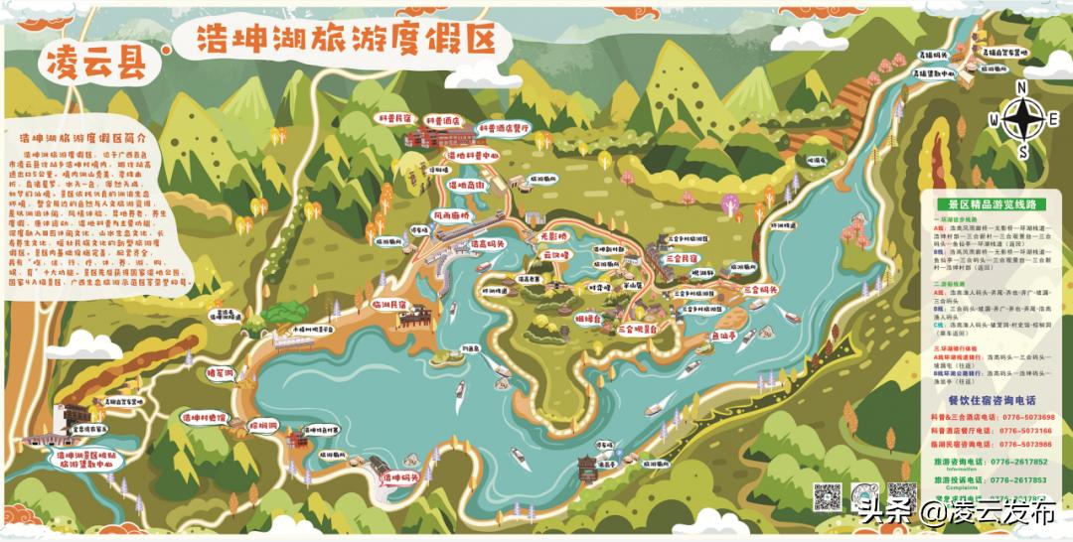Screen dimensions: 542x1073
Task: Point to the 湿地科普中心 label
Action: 473,156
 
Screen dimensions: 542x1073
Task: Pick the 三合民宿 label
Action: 684,257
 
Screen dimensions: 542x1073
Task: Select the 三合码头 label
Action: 759,290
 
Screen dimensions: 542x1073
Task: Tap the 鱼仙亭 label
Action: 722,337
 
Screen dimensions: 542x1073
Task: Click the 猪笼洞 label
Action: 218,373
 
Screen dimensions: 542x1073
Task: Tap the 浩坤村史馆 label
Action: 205,419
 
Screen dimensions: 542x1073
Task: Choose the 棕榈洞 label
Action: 262,424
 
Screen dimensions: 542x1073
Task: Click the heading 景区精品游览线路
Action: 993,203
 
